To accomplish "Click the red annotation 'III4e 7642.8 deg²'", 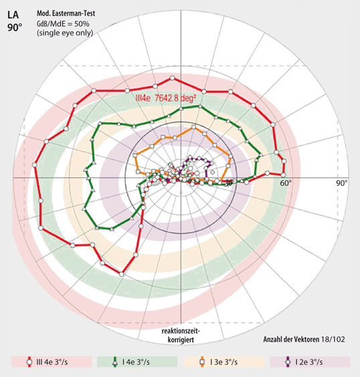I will (166, 99).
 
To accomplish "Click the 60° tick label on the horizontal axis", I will (284, 182).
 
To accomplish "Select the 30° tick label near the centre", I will (229, 182).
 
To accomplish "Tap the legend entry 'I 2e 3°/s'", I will (310, 362).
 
